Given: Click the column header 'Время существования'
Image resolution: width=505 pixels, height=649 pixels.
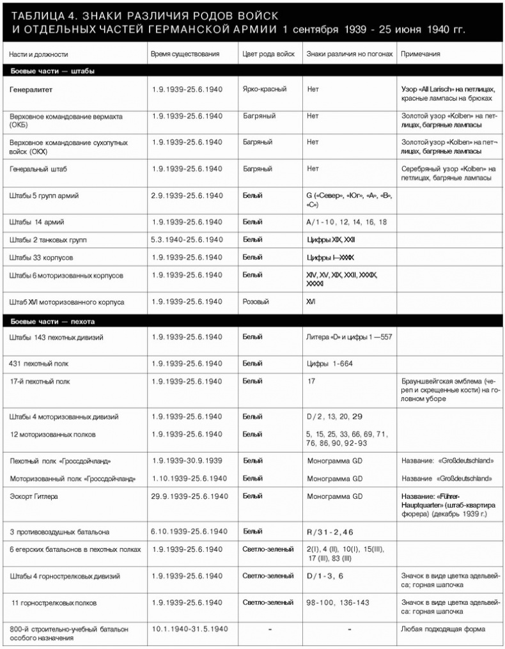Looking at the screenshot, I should (185, 54).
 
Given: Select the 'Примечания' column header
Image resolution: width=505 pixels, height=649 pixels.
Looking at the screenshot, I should (423, 54).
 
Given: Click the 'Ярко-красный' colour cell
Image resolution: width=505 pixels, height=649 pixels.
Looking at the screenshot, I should (265, 90).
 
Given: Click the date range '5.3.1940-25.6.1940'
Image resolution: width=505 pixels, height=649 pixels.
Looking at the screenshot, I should (187, 240).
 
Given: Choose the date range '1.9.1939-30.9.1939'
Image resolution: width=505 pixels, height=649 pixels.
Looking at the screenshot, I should (187, 460).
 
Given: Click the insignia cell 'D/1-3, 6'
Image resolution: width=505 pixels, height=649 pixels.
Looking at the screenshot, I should (325, 576).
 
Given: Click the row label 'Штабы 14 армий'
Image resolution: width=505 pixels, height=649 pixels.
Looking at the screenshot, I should (37, 222).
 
